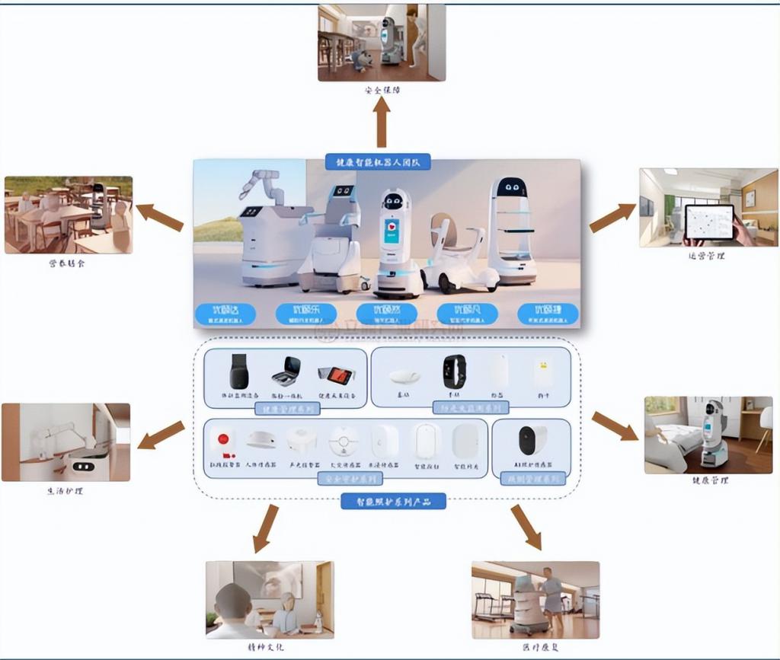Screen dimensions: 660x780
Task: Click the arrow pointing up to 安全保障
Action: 381,122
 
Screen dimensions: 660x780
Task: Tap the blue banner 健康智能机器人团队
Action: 379,161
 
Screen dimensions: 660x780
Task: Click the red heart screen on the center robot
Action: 392,229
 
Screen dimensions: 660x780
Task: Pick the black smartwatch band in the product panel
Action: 454,371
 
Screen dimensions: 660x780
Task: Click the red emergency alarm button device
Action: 223,442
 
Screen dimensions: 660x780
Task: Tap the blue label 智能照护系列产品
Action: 392,501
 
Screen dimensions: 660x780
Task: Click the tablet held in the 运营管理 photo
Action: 709,222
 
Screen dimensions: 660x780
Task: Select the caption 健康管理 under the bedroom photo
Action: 710,481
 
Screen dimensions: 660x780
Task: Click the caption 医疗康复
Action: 535,647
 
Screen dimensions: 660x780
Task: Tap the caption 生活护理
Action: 65,491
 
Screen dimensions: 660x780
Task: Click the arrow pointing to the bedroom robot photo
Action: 615,426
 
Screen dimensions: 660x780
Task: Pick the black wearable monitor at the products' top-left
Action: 239,371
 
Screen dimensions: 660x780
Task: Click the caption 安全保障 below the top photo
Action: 382,90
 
